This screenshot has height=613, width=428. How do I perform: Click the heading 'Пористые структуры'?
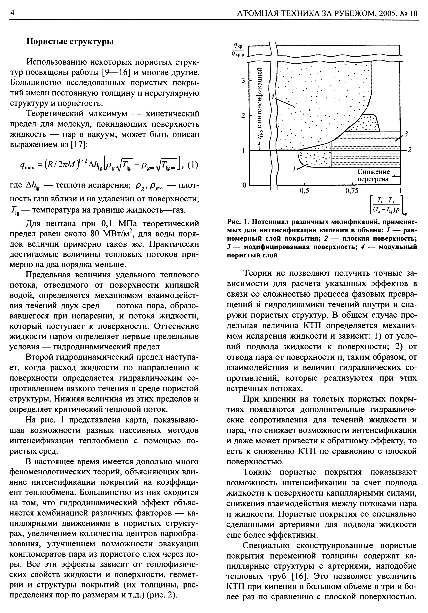70,42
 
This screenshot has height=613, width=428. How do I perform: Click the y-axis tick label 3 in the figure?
243,80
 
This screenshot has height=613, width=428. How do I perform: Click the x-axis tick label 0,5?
304,191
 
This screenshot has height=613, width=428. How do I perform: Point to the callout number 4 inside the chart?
272,97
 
